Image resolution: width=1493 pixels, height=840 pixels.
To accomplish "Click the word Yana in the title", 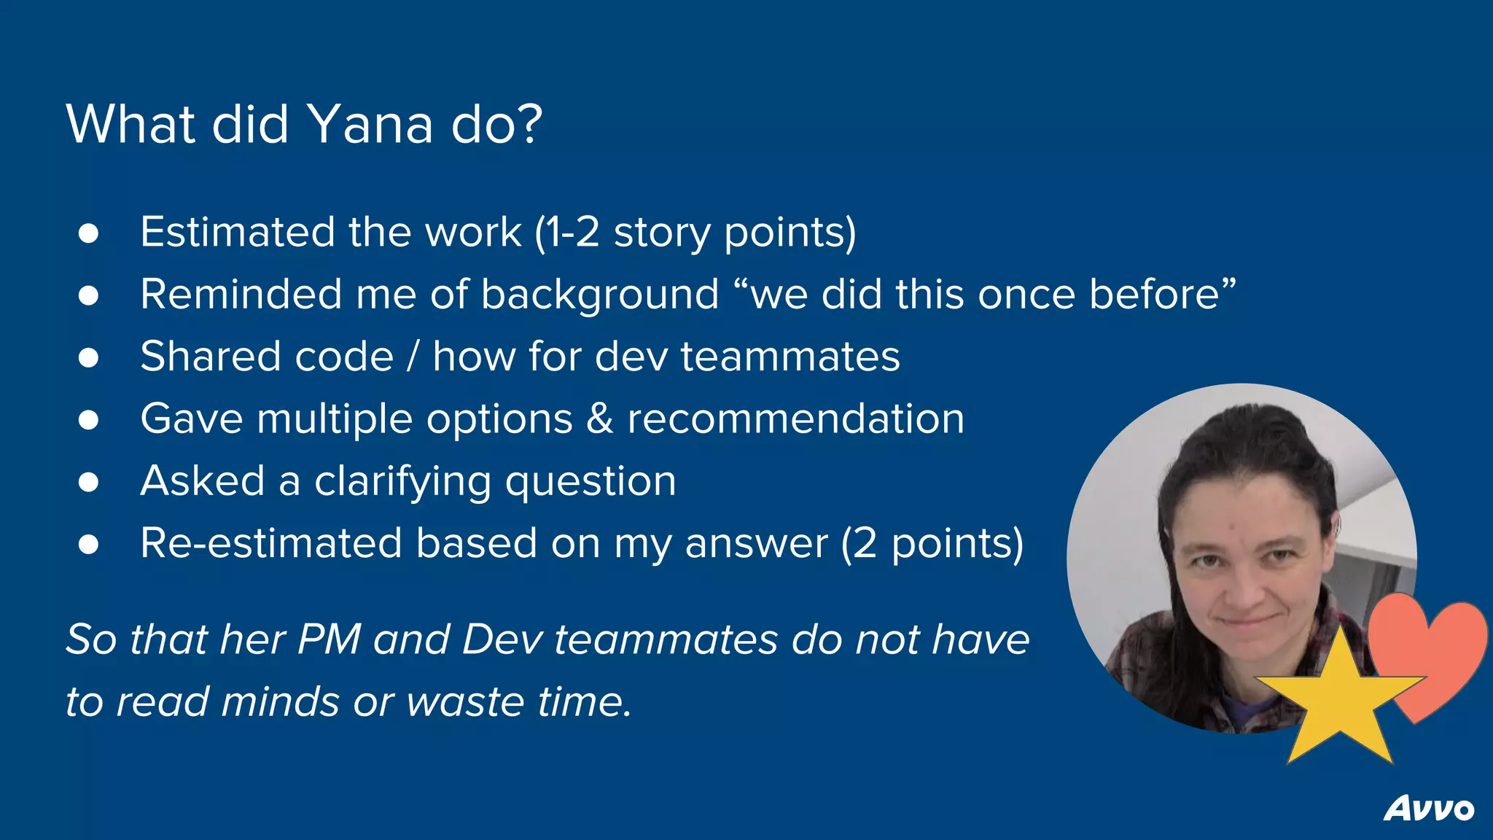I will (370, 124).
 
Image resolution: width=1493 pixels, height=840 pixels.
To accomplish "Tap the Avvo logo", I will (1429, 809).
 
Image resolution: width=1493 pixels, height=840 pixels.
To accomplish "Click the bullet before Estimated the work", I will (88, 233).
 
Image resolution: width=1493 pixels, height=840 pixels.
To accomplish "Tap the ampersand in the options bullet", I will (599, 419).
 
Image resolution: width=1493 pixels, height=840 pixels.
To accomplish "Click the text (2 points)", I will (932, 543).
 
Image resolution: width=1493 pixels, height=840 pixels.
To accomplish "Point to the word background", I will (600, 295).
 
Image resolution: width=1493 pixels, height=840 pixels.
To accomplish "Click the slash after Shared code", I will (413, 357).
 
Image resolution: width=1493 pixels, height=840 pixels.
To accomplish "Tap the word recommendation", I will (795, 419).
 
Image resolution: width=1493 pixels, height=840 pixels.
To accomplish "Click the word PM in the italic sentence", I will (329, 639).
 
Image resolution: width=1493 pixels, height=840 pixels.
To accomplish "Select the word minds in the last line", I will (280, 701).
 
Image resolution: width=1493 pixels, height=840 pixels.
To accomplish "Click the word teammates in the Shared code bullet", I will (790, 357).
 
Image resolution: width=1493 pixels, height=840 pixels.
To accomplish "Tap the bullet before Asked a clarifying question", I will (88, 482).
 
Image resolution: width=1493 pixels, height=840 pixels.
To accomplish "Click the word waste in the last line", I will (465, 701).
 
